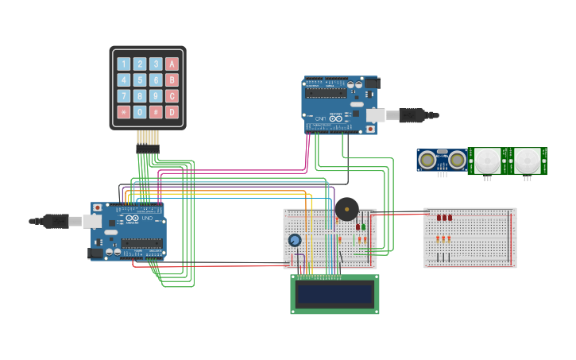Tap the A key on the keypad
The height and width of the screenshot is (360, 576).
click(172, 64)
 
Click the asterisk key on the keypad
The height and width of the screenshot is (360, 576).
click(123, 112)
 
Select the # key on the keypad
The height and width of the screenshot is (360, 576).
click(156, 112)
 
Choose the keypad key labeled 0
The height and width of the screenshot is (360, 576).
click(140, 112)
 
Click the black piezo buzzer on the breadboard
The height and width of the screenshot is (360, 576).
click(346, 209)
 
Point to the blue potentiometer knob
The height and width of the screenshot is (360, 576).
click(295, 240)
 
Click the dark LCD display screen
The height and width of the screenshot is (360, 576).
click(334, 294)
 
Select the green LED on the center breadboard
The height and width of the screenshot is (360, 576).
click(364, 226)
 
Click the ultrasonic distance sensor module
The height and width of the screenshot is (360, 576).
click(442, 161)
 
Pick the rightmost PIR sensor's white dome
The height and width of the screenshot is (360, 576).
click(527, 161)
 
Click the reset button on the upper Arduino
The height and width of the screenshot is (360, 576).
click(369, 128)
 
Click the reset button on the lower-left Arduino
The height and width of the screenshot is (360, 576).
click(98, 208)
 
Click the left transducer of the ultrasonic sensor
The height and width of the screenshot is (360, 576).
click(427, 161)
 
